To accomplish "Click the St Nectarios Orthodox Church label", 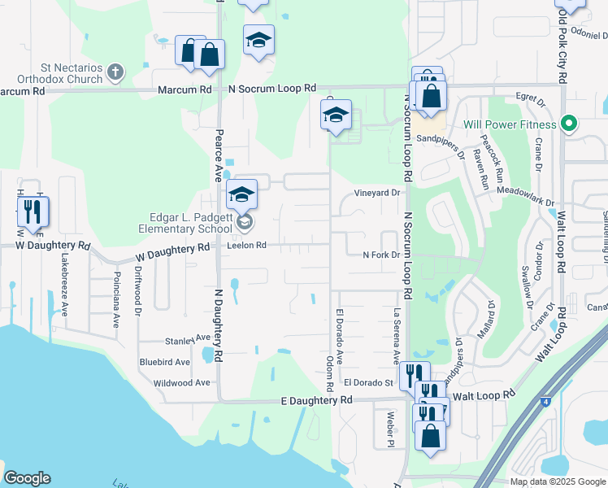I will [62, 73].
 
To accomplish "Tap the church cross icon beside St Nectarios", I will [115, 72].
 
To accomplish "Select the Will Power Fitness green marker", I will [570, 124].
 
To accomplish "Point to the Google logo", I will [27, 478].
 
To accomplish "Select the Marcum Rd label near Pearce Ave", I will [186, 89].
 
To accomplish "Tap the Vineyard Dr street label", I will [378, 193].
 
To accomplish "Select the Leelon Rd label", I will [247, 245].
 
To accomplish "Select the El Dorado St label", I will [367, 381].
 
